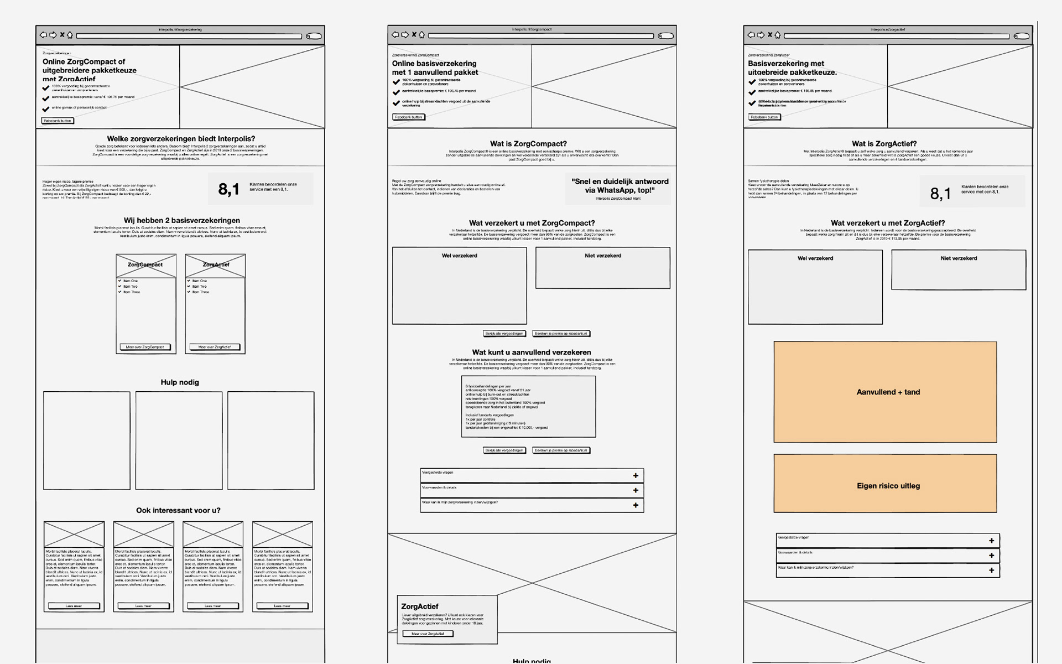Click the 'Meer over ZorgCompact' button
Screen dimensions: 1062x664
[145, 347]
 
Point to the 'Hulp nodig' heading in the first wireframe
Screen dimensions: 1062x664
[180, 382]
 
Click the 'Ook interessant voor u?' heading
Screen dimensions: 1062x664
[178, 510]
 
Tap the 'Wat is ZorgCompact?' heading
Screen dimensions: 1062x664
[528, 144]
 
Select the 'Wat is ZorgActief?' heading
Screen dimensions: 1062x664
[884, 144]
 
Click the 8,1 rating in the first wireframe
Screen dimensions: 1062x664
[228, 189]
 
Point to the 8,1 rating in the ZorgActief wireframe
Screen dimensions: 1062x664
[940, 194]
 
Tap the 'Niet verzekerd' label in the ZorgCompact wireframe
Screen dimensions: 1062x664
[603, 256]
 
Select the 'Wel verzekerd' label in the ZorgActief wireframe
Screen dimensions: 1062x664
[815, 258]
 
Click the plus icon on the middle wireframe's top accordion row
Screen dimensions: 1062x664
[636, 475]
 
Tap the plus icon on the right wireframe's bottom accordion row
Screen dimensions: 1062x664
[991, 570]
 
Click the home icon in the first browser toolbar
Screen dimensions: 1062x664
[70, 35]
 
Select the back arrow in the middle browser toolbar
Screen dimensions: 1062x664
[395, 35]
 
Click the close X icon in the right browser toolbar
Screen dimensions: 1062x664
[769, 35]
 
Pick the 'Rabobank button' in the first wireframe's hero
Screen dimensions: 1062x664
[58, 121]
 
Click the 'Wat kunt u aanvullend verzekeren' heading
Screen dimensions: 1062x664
[532, 352]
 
